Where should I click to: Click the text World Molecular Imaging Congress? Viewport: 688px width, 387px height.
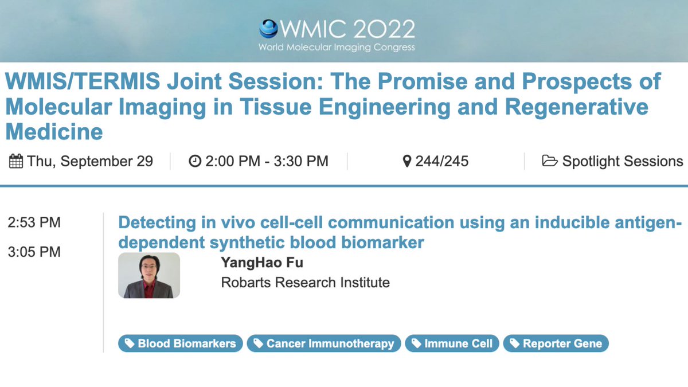337,47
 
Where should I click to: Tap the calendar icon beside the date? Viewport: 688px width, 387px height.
16,162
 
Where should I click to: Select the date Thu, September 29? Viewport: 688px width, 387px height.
90,162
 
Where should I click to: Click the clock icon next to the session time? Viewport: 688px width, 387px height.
195,162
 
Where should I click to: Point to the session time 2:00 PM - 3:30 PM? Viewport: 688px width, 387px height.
267,162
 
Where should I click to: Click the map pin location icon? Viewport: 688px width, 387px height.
407,162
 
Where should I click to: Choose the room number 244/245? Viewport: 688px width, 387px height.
442,162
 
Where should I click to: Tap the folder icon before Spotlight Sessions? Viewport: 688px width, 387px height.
549,162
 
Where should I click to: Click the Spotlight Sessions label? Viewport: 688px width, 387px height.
622,162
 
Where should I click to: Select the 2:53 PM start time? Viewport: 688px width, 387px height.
34,222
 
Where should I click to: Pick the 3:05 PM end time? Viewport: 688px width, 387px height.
34,252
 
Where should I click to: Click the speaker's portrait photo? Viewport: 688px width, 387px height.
149,275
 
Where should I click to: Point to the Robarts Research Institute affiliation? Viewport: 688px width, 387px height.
305,282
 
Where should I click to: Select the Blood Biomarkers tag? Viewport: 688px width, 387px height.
181,343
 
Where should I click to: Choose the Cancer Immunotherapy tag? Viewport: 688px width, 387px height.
324,343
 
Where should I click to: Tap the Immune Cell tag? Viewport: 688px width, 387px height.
452,343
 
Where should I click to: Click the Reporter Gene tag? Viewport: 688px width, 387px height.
556,343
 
